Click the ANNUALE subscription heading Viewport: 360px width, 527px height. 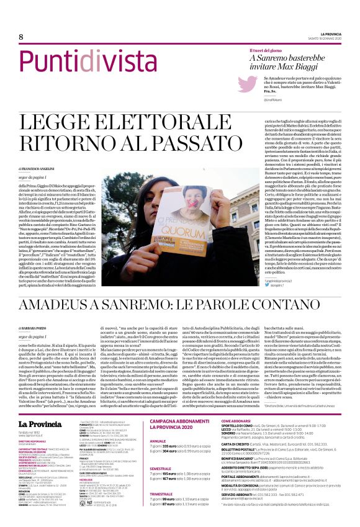[x=160, y=425]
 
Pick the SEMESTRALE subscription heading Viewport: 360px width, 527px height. [x=162, y=451]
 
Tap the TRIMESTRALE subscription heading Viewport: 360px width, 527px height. [x=163, y=477]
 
